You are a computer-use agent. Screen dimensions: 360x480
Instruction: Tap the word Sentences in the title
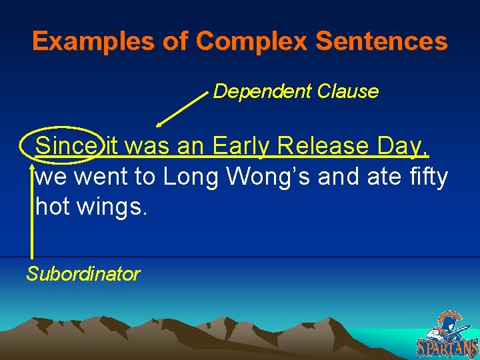pos(381,42)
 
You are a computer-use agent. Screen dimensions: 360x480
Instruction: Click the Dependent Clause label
pos(295,91)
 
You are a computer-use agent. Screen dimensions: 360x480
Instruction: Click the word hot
pos(53,207)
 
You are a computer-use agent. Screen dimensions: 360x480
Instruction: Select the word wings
pos(110,208)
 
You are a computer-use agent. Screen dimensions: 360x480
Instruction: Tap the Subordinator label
pos(83,274)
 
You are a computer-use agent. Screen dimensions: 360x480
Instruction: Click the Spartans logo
pos(447,335)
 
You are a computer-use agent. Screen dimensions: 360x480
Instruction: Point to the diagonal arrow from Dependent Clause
pos(182,109)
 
